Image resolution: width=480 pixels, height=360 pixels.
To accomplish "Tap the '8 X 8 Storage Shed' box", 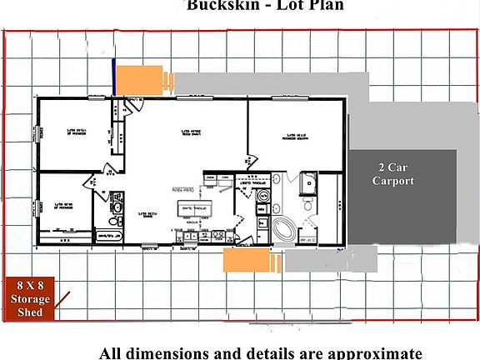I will point(30,298).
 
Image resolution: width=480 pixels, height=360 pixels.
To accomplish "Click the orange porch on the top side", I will point(138,80).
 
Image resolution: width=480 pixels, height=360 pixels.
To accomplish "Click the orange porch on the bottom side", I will point(247,260).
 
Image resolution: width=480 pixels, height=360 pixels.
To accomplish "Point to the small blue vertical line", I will point(112,77).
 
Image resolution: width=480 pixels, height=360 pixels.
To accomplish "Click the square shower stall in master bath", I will point(308,181).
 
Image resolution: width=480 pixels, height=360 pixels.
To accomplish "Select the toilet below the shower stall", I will point(307,205).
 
